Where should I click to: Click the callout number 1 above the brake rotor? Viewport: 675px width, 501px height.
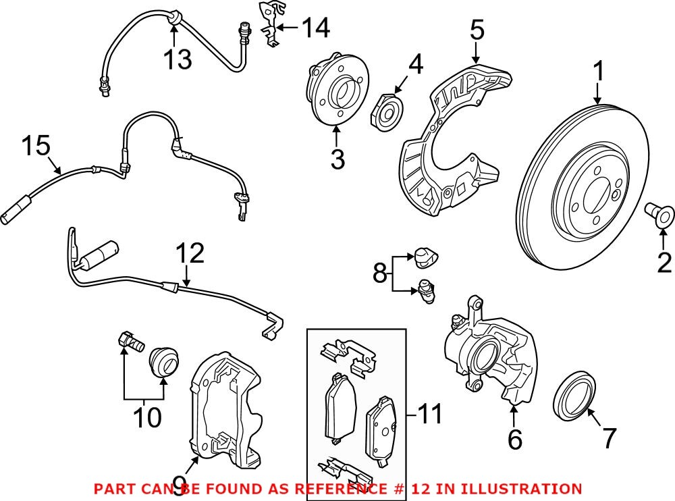tap(597, 70)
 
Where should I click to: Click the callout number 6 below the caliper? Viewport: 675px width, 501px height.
tap(514, 440)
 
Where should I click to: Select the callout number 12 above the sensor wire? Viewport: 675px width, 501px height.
tap(189, 255)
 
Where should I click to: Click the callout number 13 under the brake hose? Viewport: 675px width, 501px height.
tap(177, 59)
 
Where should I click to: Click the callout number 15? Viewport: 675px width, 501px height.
tap(35, 145)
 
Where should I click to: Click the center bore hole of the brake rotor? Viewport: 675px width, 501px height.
tap(594, 196)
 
